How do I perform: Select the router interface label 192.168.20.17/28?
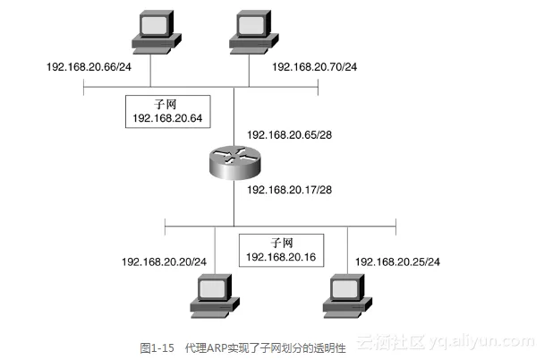[288, 190]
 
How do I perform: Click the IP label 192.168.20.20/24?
[164, 261]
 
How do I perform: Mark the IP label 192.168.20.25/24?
[398, 261]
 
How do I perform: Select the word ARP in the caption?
[218, 345]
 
